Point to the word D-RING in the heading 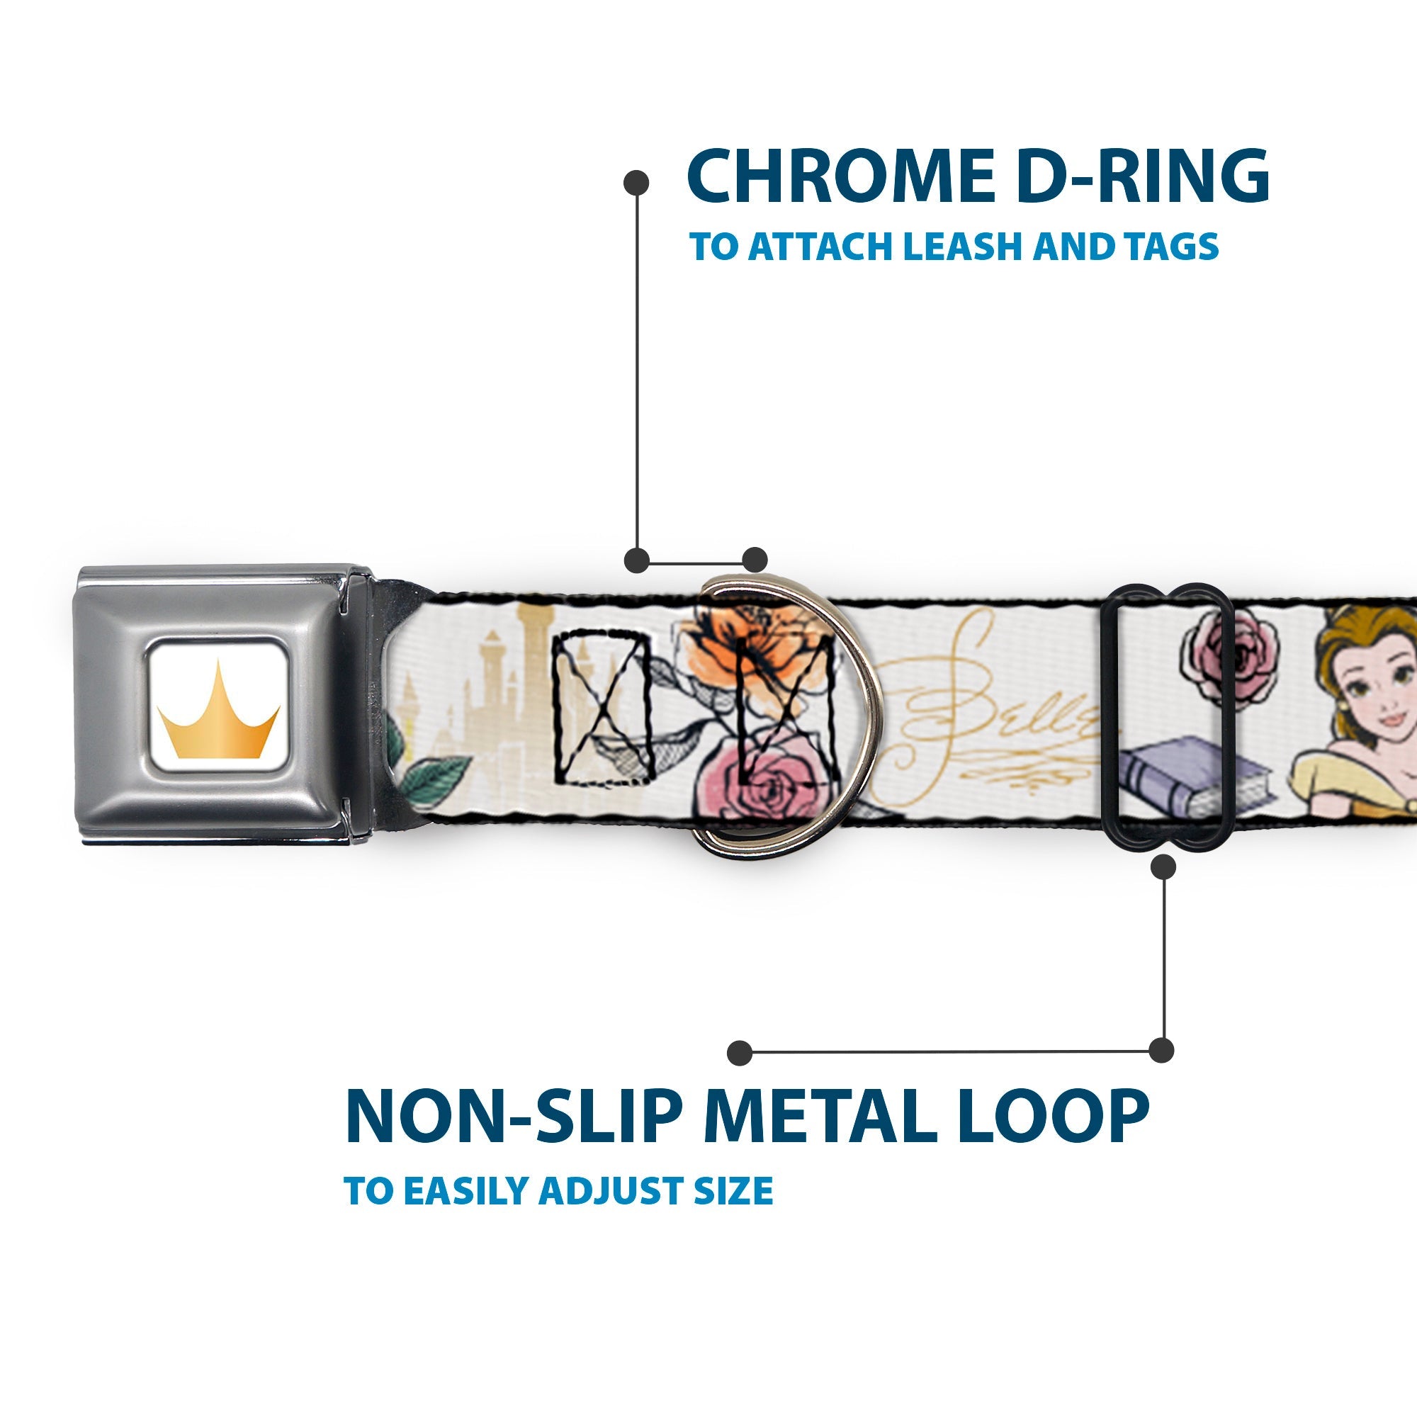[1145, 176]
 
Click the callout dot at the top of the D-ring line [636, 183]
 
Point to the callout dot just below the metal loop [1163, 868]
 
